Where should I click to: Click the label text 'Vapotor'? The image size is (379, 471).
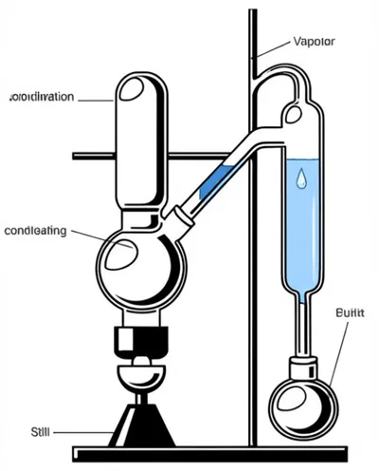[x=315, y=42]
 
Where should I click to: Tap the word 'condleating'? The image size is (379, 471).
[x=35, y=230]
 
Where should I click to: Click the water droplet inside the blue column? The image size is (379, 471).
[x=300, y=179]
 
